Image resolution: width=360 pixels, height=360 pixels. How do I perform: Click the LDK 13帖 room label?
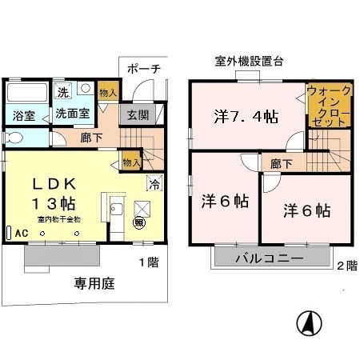tap(52, 190)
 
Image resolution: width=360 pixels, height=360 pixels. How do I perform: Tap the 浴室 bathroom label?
tap(23, 114)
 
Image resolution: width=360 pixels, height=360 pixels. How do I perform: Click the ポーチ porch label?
tap(144, 69)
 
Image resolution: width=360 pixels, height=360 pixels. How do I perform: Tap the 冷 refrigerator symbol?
tap(154, 184)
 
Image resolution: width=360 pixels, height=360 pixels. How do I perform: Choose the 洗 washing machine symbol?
tap(63, 91)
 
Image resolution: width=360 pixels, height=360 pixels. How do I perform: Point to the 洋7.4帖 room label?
tap(246, 117)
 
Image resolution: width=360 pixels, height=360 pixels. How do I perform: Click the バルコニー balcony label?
tap(268, 258)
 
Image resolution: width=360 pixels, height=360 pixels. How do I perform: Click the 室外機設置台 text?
tap(250, 61)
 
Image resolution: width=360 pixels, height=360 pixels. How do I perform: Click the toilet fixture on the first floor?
tap(15, 138)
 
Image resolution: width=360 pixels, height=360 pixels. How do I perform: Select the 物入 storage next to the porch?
tap(108, 92)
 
